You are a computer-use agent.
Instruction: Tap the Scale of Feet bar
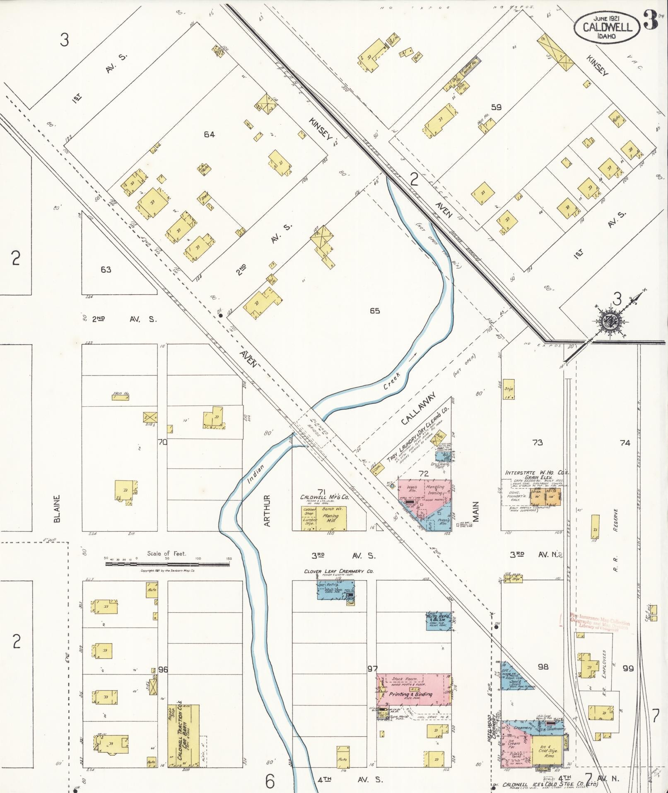(x=167, y=564)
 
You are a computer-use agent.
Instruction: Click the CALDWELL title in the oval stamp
(x=608, y=27)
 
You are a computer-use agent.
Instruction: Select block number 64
(x=209, y=134)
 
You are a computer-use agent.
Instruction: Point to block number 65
(x=374, y=310)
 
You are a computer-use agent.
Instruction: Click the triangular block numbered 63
(x=106, y=269)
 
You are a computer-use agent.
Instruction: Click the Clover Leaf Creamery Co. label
(x=338, y=571)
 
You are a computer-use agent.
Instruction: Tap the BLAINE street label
(x=57, y=508)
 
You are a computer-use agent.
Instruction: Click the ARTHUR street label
(x=267, y=510)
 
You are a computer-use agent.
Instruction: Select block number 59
(x=496, y=107)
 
